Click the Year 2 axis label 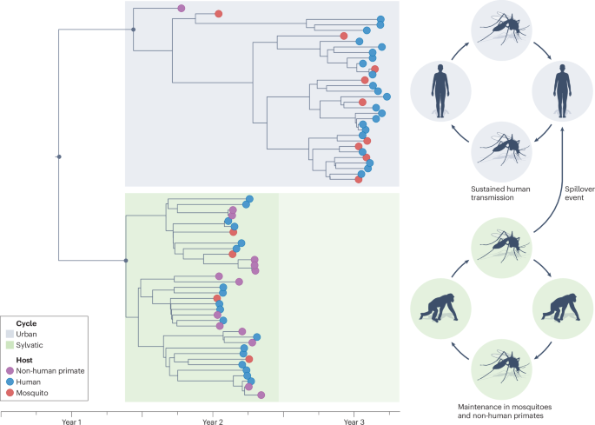pyautogui.click(x=211, y=421)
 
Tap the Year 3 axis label pyautogui.click(x=354, y=421)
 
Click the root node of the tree pyautogui.click(x=59, y=156)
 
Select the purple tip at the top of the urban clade pyautogui.click(x=182, y=9)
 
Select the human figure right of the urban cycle pyautogui.click(x=563, y=90)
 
